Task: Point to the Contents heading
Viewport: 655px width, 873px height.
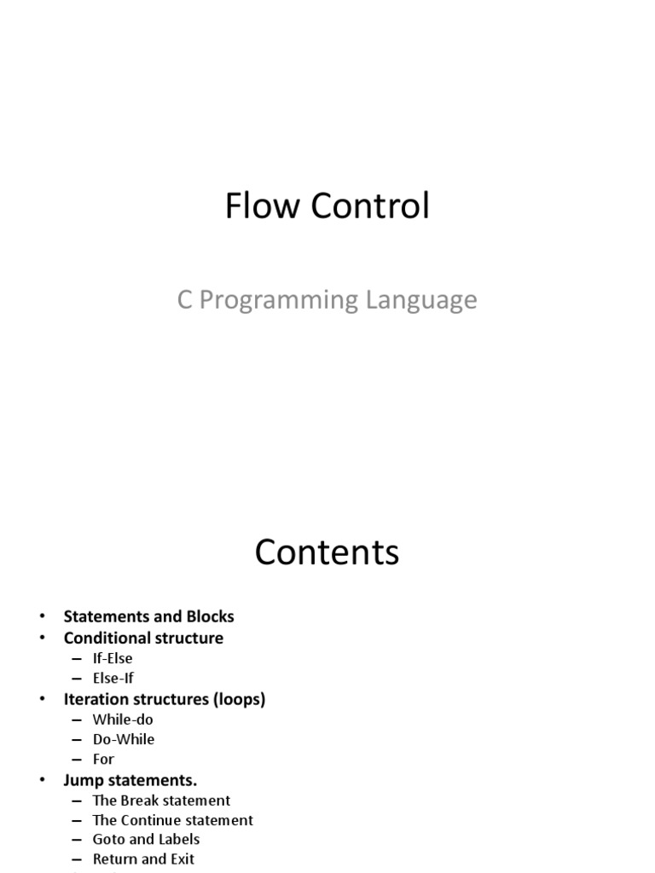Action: pos(327,552)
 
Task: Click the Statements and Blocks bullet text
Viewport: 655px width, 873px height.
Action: pos(148,616)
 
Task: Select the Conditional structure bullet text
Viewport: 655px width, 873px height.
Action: pos(143,638)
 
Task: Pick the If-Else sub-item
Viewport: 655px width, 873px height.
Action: pos(113,658)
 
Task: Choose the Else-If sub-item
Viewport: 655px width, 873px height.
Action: pos(113,679)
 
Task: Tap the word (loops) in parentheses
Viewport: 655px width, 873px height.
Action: pos(240,699)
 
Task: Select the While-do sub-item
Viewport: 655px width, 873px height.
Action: pos(123,720)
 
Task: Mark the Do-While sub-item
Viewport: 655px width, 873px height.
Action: pos(124,739)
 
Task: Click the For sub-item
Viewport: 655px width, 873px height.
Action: pos(103,759)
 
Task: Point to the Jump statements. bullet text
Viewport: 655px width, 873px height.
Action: pos(130,780)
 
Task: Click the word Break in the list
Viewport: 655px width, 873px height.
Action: pos(140,801)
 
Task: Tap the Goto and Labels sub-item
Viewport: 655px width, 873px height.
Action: pos(146,840)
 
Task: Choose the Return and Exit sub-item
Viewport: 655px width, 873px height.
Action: pos(143,859)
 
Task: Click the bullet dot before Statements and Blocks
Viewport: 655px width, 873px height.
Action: pos(42,616)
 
